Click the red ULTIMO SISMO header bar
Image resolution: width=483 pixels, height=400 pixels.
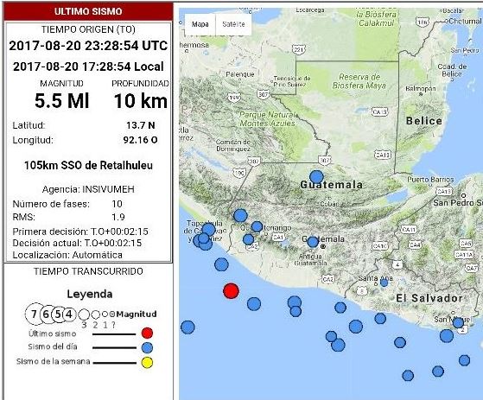(87, 11)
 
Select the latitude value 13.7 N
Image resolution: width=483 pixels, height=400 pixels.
(140, 125)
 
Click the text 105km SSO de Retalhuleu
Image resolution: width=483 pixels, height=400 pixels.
(87, 165)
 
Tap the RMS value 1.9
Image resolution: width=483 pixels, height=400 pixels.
(118, 217)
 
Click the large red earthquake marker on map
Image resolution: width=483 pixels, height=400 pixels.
(231, 291)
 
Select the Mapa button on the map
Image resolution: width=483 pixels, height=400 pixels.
(200, 24)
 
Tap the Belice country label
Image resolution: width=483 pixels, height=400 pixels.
(423, 121)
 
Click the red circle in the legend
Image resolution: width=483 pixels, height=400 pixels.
(147, 332)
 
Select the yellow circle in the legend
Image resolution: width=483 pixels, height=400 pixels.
(147, 362)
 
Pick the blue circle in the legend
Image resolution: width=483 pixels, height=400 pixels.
(147, 347)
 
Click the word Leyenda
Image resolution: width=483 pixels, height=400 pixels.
(89, 294)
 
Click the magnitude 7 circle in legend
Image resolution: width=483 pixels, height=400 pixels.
(34, 313)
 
